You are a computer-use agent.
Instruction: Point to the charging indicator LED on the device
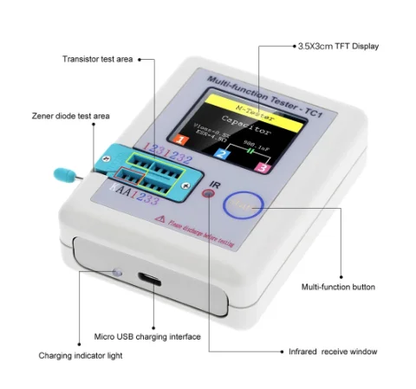(115, 274)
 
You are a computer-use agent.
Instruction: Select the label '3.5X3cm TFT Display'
(338, 45)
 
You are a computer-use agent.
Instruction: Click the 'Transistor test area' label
(97, 59)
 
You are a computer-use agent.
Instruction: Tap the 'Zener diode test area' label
(71, 114)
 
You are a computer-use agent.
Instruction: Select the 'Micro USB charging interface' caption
(147, 336)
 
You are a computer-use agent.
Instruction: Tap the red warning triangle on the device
(159, 220)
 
